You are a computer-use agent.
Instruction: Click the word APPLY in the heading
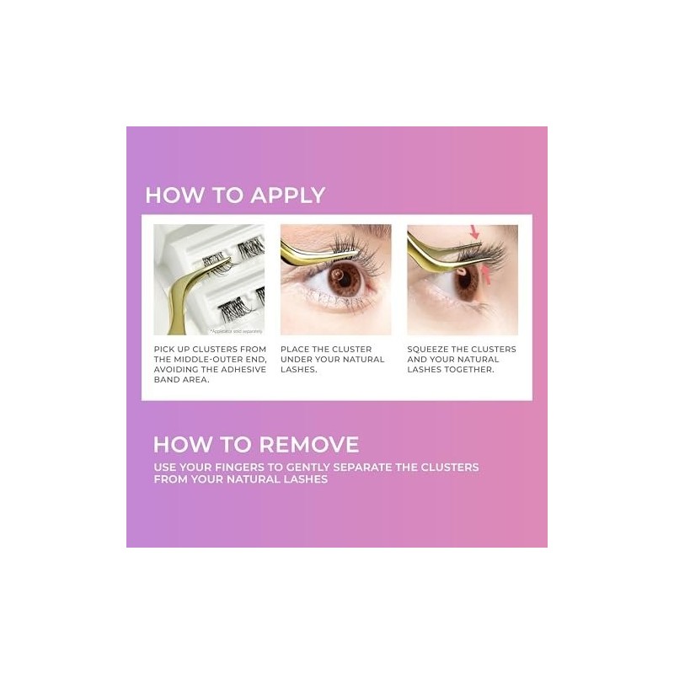click(x=283, y=195)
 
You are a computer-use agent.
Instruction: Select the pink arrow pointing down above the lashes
click(x=473, y=232)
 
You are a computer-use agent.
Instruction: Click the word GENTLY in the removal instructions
click(x=331, y=467)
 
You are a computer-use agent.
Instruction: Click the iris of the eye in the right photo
click(x=461, y=284)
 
